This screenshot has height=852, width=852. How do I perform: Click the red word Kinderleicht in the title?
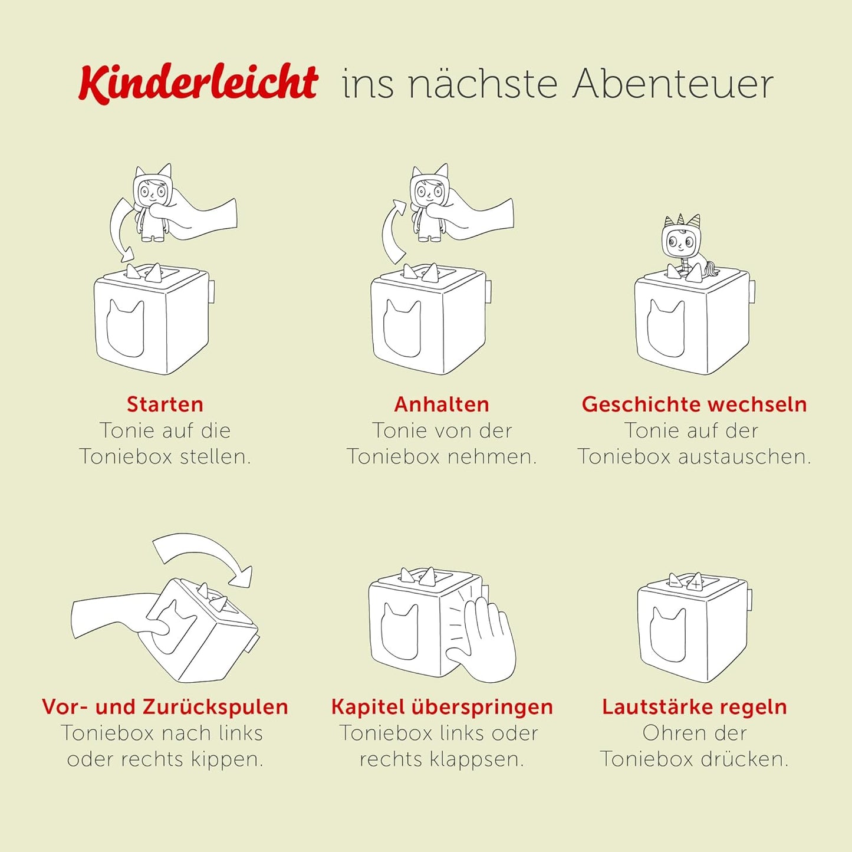[198, 83]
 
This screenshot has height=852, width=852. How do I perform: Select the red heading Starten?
[165, 404]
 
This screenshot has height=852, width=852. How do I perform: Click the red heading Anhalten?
[442, 404]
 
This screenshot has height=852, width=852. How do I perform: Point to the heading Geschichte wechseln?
[694, 404]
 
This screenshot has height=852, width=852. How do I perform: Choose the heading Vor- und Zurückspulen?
[165, 706]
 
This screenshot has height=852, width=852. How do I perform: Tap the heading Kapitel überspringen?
[442, 706]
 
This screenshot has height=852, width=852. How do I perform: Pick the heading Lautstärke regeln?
[694, 706]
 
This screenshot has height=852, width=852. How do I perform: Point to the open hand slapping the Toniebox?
[486, 640]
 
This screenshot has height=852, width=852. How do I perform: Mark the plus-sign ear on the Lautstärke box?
[697, 582]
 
